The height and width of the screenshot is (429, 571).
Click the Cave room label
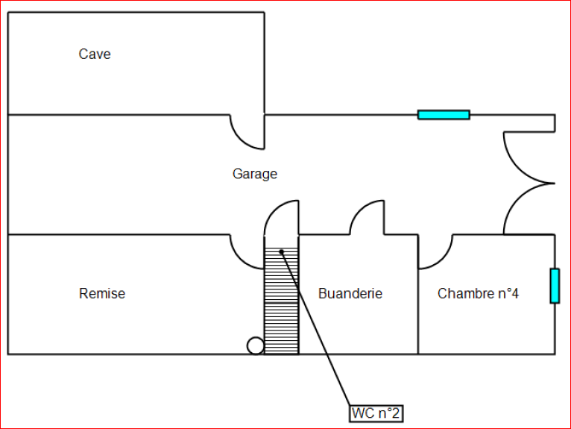95,54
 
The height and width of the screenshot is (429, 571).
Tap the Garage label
255,174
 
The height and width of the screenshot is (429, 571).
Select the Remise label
102,294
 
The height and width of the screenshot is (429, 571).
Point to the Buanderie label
350,294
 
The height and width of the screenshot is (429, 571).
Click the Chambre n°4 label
478,294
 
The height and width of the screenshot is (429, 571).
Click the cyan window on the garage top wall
444,115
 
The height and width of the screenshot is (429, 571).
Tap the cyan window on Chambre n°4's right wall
555,286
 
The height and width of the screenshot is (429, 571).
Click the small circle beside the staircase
256,345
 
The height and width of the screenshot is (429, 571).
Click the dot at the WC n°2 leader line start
282,251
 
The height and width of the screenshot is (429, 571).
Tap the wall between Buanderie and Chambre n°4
418,313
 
